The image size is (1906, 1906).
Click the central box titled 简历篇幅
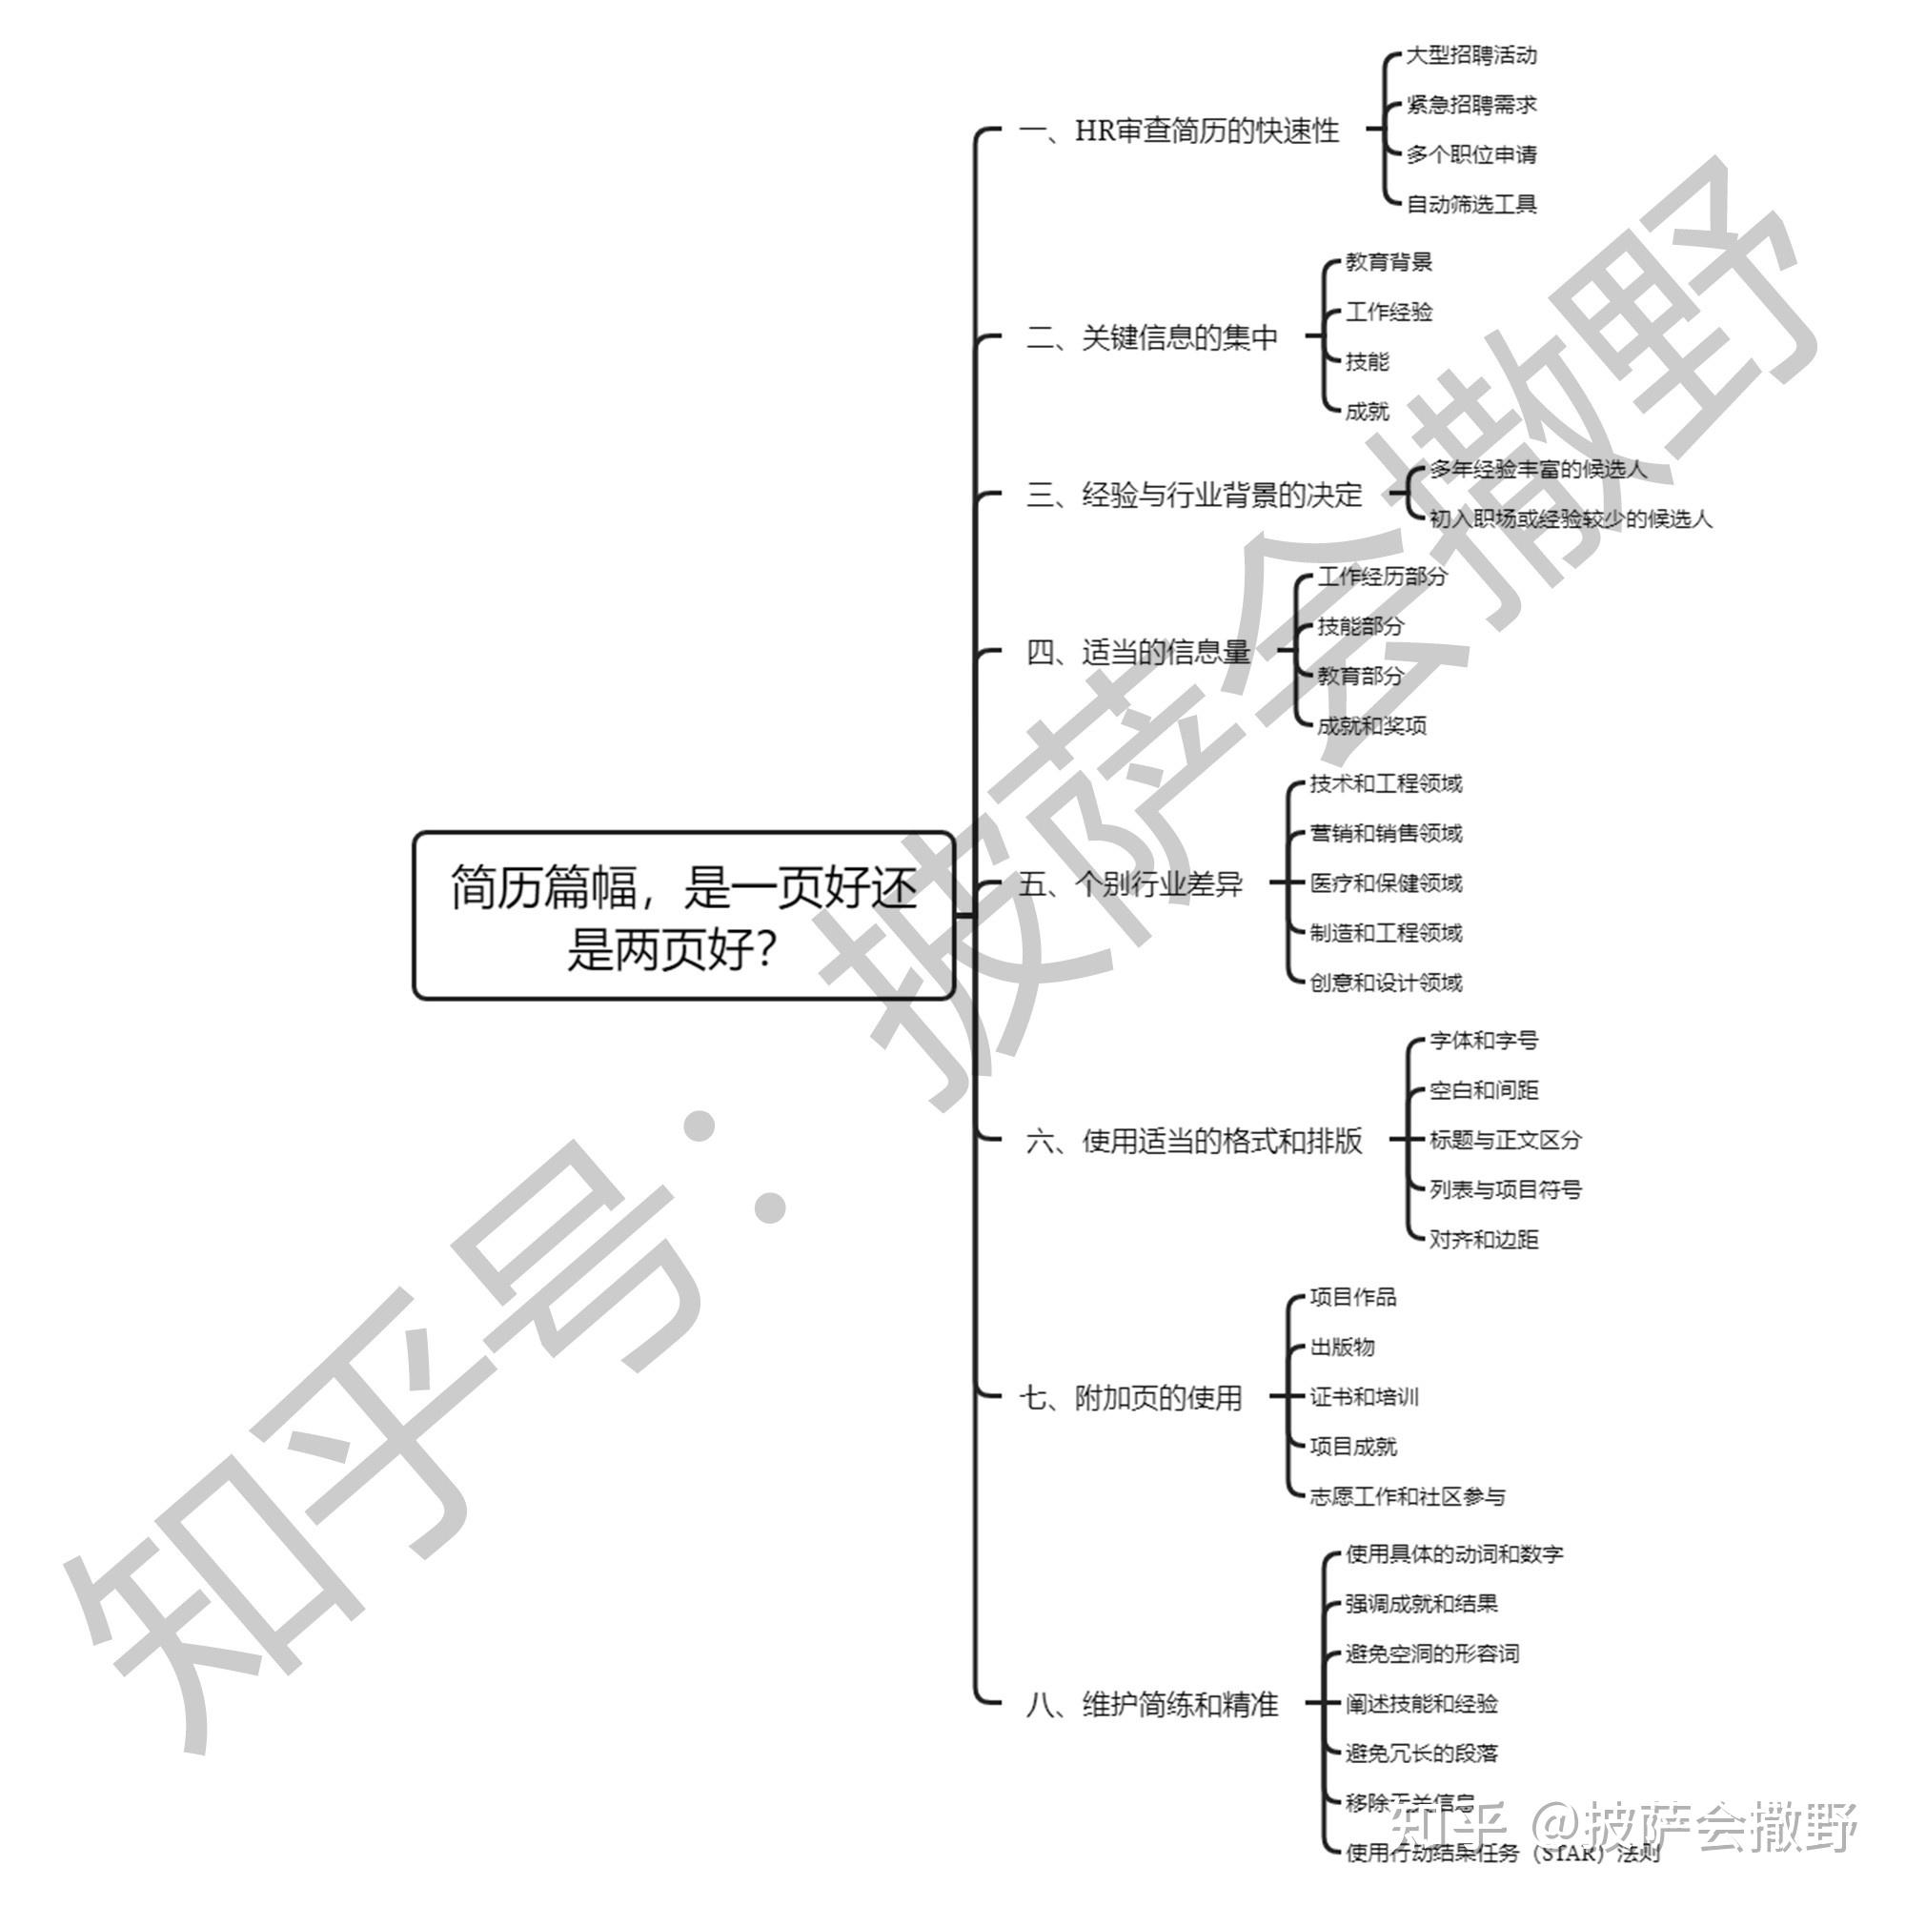coord(683,916)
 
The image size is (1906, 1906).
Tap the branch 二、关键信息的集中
coord(1151,338)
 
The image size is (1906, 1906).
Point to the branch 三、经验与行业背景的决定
coord(1194,495)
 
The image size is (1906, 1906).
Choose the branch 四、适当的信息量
coord(1138,652)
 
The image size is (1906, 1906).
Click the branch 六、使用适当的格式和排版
coord(1194,1142)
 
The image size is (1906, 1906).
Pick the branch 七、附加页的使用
coord(1130,1398)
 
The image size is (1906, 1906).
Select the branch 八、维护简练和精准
coord(1151,1704)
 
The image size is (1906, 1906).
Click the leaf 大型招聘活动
coord(1470,55)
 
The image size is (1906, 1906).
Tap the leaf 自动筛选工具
coord(1470,204)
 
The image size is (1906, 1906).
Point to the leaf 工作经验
coord(1389,312)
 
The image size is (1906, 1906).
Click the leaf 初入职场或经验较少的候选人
coord(1571,519)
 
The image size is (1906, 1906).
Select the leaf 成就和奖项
coord(1371,726)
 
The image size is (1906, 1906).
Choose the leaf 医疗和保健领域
coord(1385,883)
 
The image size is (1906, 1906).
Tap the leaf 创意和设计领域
coord(1385,983)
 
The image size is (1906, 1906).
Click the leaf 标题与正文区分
coord(1505,1141)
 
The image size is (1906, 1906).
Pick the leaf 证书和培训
coord(1364,1397)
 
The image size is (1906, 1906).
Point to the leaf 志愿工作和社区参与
coord(1407,1496)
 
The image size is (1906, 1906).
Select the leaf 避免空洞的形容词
coord(1431,1653)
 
